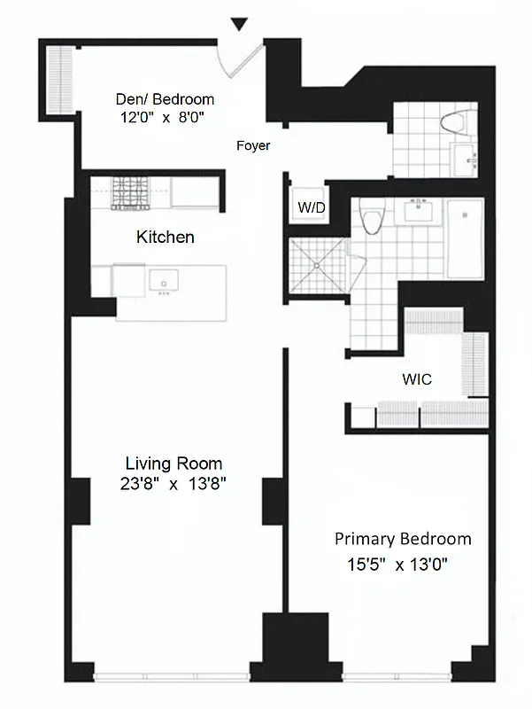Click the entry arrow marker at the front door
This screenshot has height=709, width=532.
pyautogui.click(x=238, y=24)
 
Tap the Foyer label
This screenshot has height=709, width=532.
pyautogui.click(x=253, y=146)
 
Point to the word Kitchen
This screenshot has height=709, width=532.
pyautogui.click(x=165, y=238)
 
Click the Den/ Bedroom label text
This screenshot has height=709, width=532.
pyautogui.click(x=166, y=99)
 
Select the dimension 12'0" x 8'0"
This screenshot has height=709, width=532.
pyautogui.click(x=166, y=116)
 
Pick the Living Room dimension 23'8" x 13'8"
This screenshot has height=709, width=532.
pyautogui.click(x=173, y=484)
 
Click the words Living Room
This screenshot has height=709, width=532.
pyautogui.click(x=173, y=464)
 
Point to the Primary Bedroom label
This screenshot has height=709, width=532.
pyautogui.click(x=403, y=539)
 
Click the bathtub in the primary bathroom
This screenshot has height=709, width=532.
pyautogui.click(x=464, y=238)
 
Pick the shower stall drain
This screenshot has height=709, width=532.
pyautogui.click(x=314, y=264)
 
